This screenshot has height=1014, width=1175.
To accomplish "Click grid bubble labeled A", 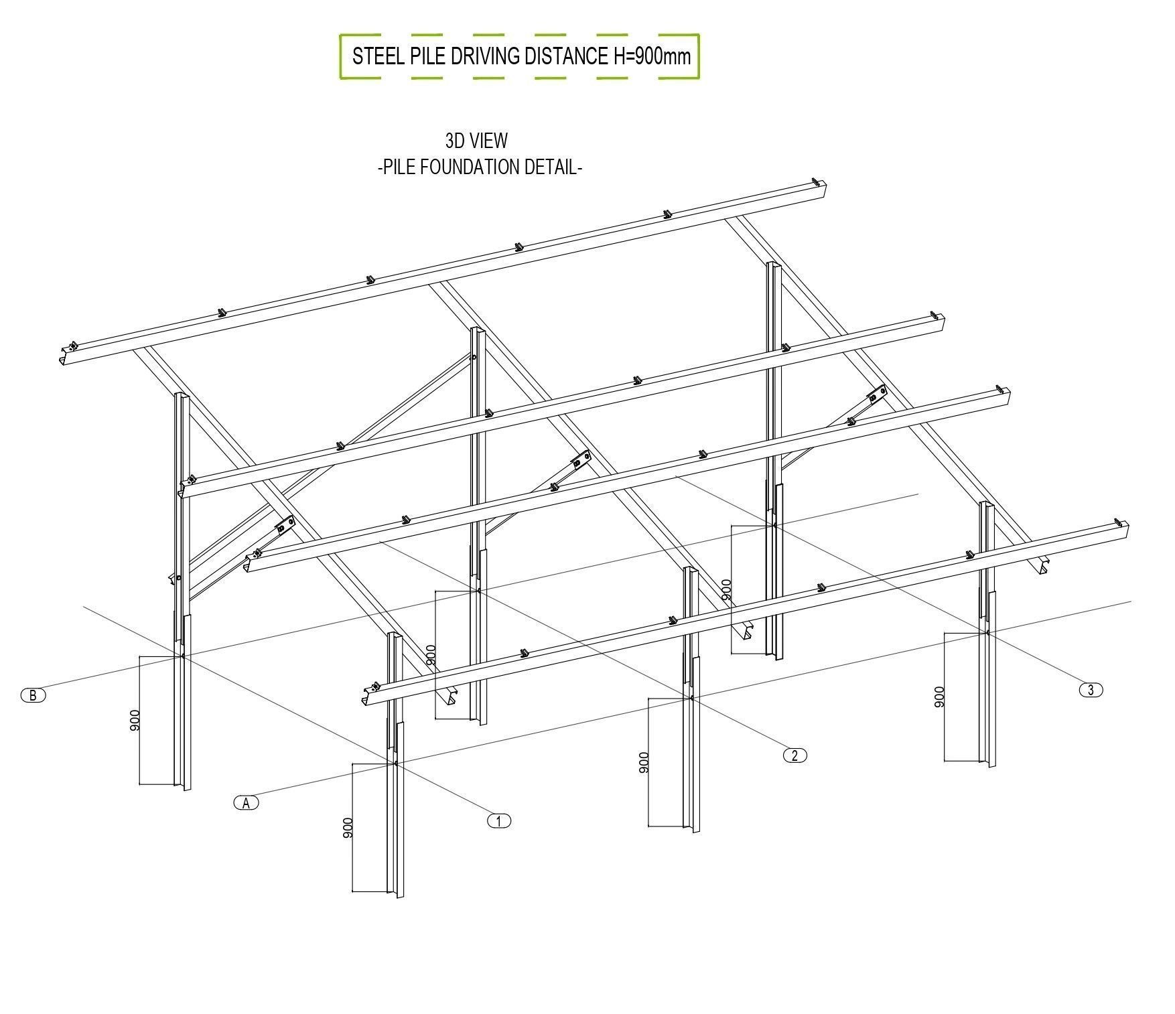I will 246,802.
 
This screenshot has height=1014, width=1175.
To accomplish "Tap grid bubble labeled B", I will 33,695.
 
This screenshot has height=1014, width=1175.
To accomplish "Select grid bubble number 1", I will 498,820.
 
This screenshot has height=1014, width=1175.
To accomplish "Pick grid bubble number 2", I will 794,755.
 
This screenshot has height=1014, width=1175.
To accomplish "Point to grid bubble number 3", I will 1091,690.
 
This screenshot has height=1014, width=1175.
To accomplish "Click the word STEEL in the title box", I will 376,56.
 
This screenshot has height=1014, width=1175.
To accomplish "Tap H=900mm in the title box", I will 652,56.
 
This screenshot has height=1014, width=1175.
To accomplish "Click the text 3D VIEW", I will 476,141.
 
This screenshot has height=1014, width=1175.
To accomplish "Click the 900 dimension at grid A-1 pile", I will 347,828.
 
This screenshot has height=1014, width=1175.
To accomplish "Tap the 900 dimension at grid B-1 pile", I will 135,720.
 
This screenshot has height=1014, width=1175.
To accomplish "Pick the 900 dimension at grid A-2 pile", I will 644,763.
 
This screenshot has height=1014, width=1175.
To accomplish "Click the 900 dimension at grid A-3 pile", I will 939,697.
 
